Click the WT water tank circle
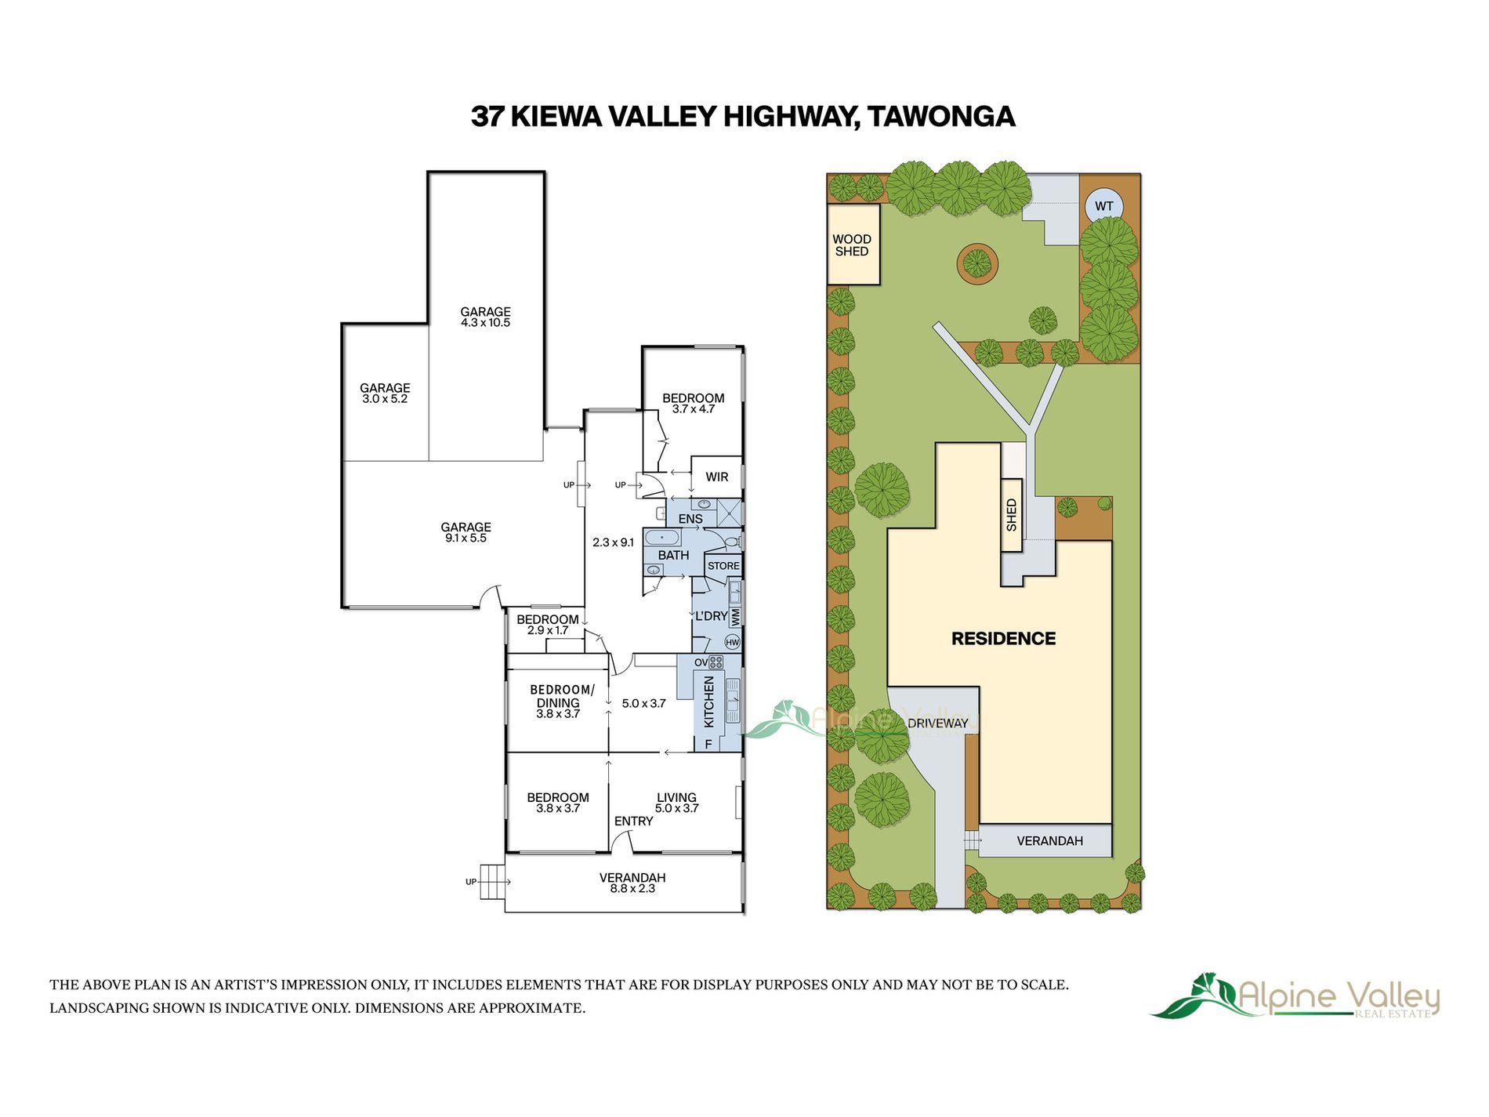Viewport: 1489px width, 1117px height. tap(1103, 206)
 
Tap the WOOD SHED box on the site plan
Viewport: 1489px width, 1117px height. tap(853, 244)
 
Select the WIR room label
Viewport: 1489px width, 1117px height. tap(716, 477)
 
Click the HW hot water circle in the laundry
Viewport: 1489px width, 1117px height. tap(732, 642)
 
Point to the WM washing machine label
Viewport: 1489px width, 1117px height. tap(735, 616)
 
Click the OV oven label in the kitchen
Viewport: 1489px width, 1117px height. tap(701, 662)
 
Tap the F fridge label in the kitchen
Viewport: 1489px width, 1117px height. tap(708, 744)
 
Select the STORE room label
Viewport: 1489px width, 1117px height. tap(723, 566)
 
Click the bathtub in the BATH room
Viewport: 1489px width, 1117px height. tap(662, 538)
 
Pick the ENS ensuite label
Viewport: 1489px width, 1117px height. tap(690, 519)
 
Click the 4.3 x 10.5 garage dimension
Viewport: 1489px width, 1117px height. tap(485, 323)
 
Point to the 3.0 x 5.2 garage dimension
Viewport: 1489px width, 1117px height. tap(385, 399)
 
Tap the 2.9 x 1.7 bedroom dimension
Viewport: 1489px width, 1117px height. tap(548, 630)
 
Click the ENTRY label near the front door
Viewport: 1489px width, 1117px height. tap(633, 821)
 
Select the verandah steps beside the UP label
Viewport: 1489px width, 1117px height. tap(493, 883)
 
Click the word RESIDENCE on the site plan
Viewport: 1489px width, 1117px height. tap(1003, 638)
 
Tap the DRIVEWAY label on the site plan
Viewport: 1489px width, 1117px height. tap(937, 723)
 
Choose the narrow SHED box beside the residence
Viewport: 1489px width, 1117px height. tap(1012, 515)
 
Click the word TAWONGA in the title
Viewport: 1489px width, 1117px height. tap(941, 116)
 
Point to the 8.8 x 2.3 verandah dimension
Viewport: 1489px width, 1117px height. tap(632, 889)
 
